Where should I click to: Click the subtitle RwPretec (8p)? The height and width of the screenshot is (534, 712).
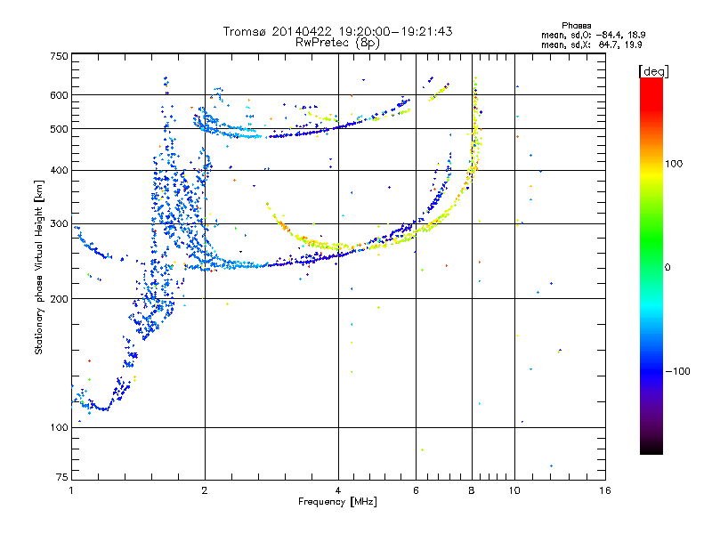tap(337, 43)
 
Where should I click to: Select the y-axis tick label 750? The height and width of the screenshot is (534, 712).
tap(59, 56)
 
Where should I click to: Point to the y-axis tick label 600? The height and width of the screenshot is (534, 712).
tap(59, 95)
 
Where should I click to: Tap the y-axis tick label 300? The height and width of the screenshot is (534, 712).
tap(59, 224)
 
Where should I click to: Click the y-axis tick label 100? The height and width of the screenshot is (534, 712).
tap(59, 428)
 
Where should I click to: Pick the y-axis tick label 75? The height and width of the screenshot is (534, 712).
tap(61, 477)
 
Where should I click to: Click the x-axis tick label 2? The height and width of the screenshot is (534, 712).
tap(205, 490)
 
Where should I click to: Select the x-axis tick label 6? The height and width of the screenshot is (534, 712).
tap(416, 490)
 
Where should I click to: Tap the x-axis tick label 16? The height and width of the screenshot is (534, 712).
tap(605, 490)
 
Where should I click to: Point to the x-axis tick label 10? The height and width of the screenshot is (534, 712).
tap(514, 490)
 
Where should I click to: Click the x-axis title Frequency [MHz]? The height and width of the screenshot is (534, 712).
tap(338, 502)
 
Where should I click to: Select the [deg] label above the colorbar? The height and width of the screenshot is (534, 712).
tap(653, 72)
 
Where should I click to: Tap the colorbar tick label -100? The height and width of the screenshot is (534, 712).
tap(677, 371)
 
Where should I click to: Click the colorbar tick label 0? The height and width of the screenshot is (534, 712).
tap(667, 268)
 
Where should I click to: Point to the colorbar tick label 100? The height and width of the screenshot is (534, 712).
tap(674, 164)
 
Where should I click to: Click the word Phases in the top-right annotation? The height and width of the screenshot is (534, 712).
tap(576, 26)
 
